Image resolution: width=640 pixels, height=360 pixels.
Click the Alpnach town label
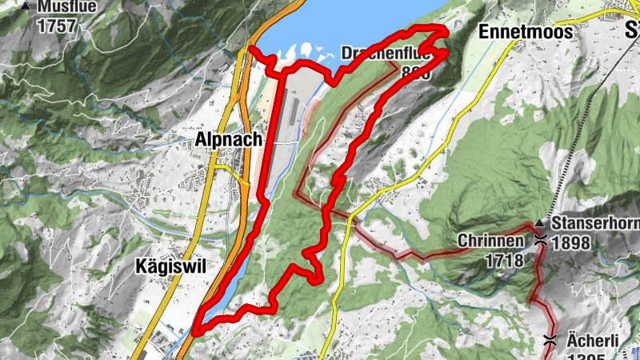(x=228, y=139)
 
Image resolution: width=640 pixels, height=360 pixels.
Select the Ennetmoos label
(x=526, y=32)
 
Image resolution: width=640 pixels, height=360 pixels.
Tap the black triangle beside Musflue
(x=26, y=6)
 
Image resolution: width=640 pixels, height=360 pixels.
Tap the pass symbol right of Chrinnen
(x=542, y=239)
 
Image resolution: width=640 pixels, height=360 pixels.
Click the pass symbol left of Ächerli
(x=550, y=339)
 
